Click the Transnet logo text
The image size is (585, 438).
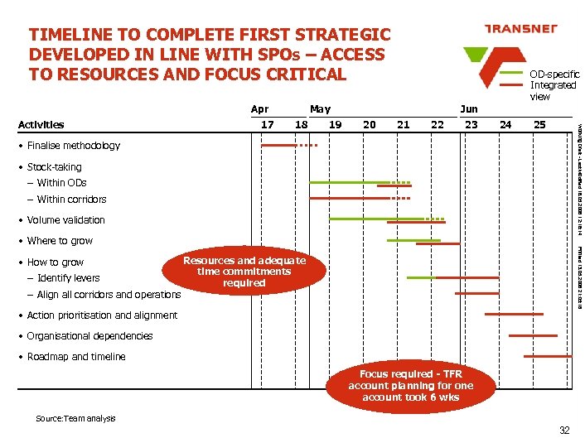pos(520,28)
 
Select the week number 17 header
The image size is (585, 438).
pos(267,125)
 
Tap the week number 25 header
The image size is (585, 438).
pos(539,125)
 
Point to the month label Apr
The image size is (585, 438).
pos(259,109)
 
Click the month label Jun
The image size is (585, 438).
pos(468,109)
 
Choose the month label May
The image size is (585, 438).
pos(319,109)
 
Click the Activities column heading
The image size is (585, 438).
pos(41,125)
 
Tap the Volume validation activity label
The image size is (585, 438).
pos(65,220)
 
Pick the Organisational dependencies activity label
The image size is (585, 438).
pos(89,336)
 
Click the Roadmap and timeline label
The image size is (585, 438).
pos(76,357)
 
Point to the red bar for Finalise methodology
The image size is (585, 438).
pos(278,146)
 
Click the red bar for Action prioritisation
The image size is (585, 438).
pos(514,315)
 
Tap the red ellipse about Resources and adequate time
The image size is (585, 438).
pos(244,272)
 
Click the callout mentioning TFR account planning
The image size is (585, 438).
pos(410,385)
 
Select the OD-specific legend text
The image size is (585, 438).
pos(554,85)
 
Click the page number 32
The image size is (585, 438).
pos(564,430)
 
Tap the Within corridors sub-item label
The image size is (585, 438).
pos(71,200)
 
